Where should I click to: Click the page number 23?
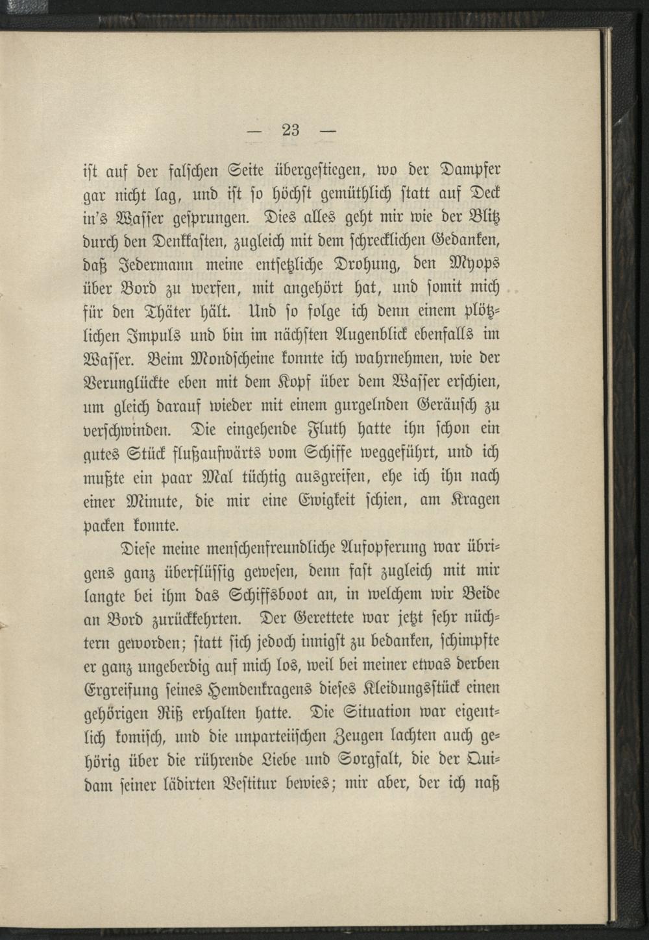click(290, 129)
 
